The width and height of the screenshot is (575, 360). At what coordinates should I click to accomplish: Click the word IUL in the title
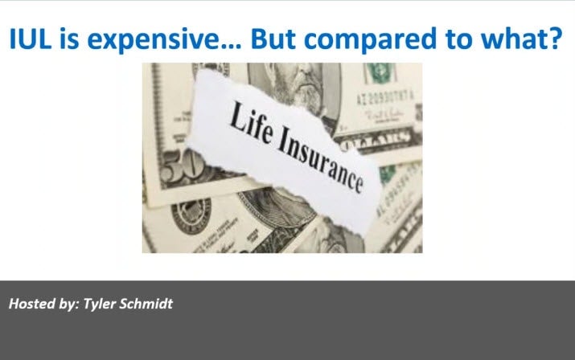pos(30,38)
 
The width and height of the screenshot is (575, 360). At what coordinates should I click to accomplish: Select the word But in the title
pos(273,38)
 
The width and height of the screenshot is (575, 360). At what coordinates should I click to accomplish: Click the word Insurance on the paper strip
pos(320,162)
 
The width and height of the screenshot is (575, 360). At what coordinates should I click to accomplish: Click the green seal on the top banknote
pos(380,73)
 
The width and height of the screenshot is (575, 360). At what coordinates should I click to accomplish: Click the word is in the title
pos(69,38)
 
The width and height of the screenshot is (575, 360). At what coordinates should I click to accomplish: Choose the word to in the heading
pos(458,39)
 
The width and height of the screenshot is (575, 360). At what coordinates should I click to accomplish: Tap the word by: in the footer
pos(68,305)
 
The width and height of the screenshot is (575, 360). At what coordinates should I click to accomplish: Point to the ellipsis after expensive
pos(231,47)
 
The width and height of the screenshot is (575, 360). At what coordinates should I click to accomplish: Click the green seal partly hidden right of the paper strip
pos(387,174)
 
